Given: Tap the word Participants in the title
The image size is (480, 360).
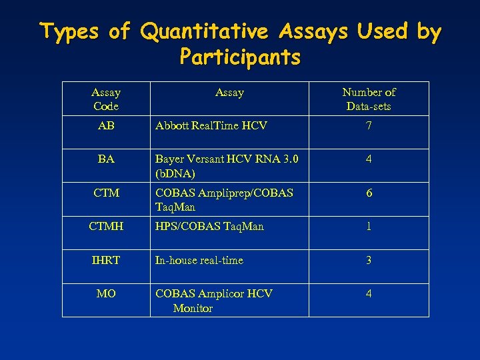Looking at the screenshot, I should coord(240,57).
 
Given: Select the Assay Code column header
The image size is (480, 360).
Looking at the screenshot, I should coord(105,99).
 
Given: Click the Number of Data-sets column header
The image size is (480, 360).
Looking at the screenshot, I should coord(369,99).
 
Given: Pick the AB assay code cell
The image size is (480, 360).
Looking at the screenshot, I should coord(105,125).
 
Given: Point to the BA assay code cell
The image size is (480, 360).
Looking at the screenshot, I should coord(105,159).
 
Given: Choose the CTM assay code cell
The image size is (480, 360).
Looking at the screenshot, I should coord(105,193).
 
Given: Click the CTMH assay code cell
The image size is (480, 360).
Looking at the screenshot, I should coord(105,227).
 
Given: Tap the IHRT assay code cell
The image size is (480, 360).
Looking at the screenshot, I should coord(105,260).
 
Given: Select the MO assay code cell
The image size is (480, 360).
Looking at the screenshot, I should coord(105,293).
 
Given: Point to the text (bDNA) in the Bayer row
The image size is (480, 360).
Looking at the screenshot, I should coord(175,173).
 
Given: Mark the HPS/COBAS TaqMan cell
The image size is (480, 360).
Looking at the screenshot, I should coord(209,227).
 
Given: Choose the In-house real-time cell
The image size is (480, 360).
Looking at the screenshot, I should coord(199,260).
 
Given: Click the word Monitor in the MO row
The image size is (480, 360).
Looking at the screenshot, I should coord(193,308).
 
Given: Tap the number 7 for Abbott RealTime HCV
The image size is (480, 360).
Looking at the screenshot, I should coord(369,125).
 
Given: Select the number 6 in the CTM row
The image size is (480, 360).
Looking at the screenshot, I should coord(369,193).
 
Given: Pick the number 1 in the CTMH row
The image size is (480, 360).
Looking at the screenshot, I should coord(369,227).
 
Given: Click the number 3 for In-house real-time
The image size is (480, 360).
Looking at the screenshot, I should coord(369,260).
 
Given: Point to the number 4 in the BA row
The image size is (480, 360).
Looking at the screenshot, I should coord(369,159).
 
